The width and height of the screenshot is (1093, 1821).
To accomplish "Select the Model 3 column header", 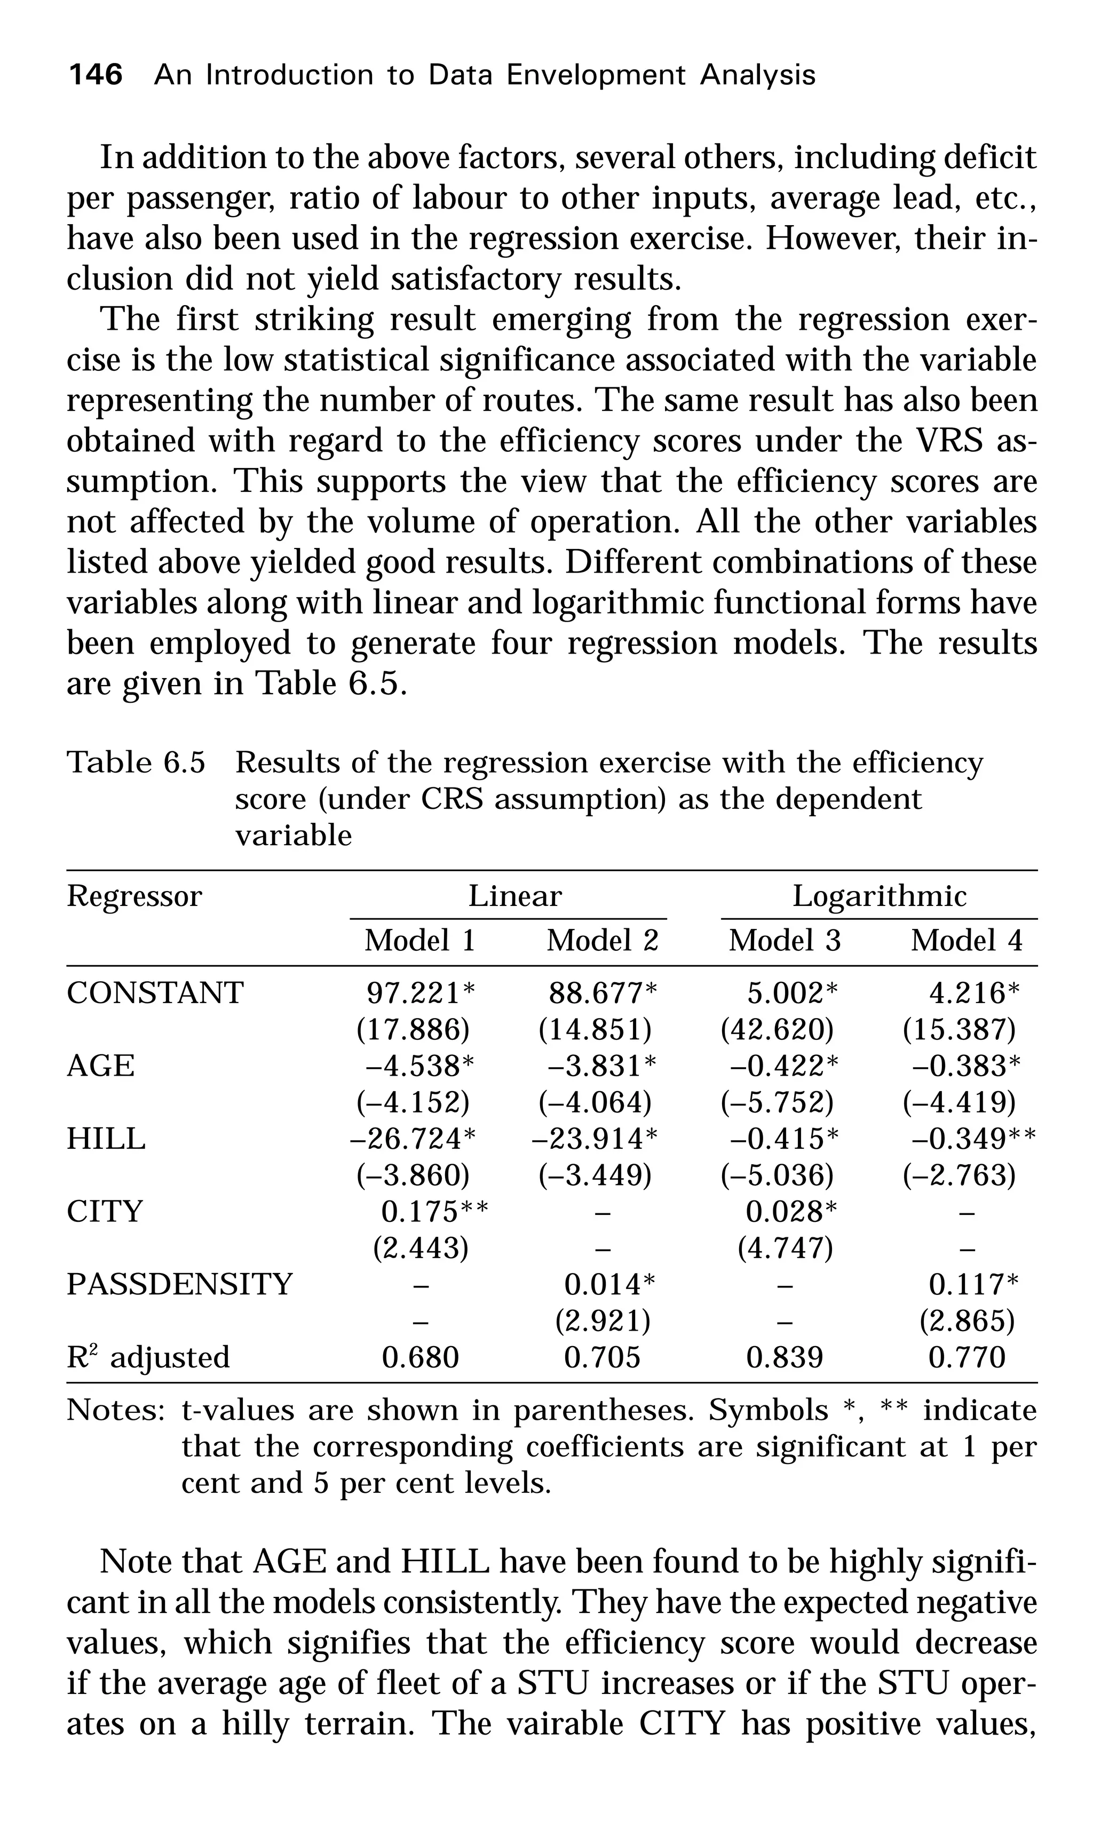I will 785,941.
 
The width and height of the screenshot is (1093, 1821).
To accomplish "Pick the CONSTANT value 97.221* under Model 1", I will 421,993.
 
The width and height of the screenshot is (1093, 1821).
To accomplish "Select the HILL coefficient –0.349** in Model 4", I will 973,1139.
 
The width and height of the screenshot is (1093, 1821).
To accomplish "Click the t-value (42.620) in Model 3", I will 777,1029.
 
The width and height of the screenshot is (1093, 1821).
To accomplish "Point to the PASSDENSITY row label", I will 180,1284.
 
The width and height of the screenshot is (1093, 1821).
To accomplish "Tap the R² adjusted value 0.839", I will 785,1357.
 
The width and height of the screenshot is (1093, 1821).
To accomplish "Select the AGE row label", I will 101,1066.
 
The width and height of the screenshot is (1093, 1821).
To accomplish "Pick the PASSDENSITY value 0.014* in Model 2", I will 609,1284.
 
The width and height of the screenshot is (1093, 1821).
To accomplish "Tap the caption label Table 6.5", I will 136,762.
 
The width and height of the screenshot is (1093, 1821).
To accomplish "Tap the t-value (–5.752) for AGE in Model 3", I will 777,1102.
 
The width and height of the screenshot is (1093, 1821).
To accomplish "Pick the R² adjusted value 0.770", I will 967,1357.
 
